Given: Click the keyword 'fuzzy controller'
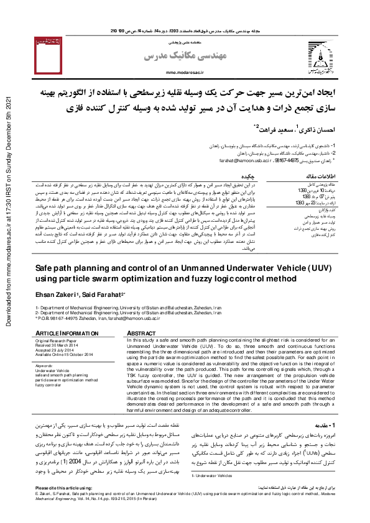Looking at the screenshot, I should (x=52, y=384).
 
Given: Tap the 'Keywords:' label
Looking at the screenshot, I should (x=45, y=366).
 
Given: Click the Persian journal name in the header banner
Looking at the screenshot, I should (x=171, y=57).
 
